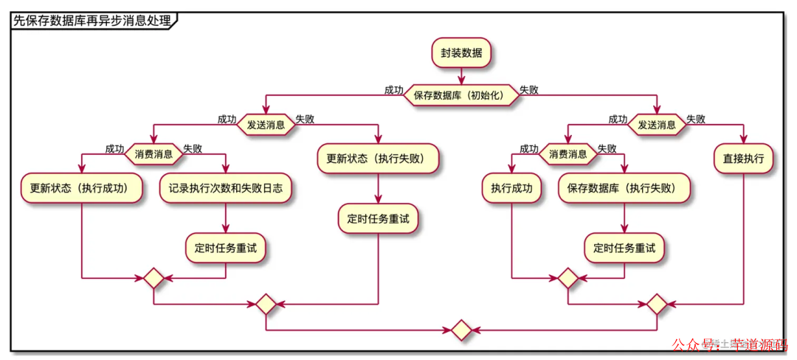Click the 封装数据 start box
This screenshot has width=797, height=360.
pos(461,53)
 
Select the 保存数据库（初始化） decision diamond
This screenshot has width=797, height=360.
pos(461,95)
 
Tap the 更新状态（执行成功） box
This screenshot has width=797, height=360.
pos(80,188)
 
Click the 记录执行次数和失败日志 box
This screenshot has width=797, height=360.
pos(225,188)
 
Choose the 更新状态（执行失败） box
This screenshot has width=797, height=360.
pos(379,159)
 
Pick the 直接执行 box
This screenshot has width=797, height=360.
pos(743,159)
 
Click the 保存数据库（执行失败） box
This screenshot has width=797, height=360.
pos(625,188)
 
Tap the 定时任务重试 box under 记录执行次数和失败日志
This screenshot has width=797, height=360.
pos(225,249)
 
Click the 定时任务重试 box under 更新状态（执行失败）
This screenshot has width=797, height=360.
pos(379,219)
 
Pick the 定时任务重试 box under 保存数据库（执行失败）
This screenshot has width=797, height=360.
pos(625,249)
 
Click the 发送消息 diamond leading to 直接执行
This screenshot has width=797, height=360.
pos(657,125)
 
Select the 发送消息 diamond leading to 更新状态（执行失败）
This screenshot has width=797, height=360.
pos(266,125)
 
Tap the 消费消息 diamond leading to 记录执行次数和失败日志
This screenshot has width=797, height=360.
pos(153,154)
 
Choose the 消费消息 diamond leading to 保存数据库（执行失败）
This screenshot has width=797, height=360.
pos(567,154)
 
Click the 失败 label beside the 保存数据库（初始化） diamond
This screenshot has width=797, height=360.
pos(528,90)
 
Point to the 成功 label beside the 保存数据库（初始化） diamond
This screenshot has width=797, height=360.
pos(393,90)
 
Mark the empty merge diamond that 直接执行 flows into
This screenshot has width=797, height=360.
pos(657,304)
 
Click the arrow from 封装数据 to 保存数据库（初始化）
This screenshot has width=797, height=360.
pos(461,75)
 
